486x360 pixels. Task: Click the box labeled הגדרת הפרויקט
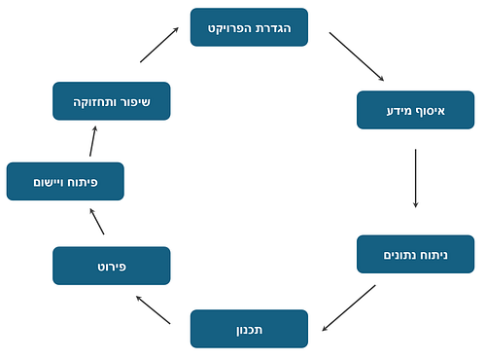249,27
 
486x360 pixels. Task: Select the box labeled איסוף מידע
415,110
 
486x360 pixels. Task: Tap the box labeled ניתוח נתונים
415,255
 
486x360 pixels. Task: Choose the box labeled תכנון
249,329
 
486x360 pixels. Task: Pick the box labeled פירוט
112,266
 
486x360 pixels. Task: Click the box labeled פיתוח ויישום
65,182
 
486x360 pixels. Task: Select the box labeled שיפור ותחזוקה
112,101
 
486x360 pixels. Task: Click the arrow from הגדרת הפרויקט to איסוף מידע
358,57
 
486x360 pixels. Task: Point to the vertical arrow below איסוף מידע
416,178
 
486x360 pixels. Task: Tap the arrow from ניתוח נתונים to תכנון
348,307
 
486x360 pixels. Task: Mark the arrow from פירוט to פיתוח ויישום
96,224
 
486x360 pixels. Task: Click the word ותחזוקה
96,101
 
